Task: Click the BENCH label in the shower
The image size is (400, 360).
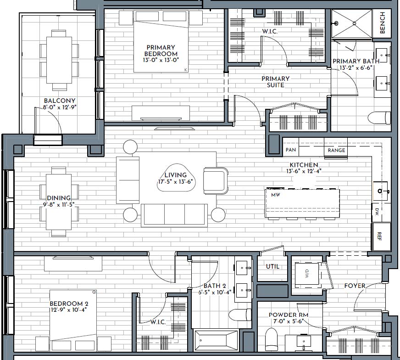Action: (382, 23)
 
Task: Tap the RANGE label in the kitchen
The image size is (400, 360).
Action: (336, 151)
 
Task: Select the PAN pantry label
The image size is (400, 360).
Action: (291, 150)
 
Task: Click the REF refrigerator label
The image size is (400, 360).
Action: (379, 236)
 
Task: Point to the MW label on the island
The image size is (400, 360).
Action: (276, 195)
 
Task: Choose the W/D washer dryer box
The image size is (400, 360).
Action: (307, 274)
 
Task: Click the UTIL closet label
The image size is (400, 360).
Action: (272, 266)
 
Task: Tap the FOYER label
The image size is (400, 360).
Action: (355, 286)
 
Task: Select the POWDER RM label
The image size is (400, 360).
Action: (289, 315)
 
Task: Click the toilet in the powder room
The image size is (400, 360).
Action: (271, 339)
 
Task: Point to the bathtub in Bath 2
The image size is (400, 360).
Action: (216, 341)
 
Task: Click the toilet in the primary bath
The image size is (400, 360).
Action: (379, 118)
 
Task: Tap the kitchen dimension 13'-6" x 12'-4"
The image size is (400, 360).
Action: (304, 171)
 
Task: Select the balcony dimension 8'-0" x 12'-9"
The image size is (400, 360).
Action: (60, 107)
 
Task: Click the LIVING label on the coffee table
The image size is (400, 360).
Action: (176, 175)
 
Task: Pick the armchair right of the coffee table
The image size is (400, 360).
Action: (216, 181)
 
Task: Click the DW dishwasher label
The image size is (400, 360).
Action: (377, 212)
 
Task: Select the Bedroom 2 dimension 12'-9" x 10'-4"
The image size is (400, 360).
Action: (69, 310)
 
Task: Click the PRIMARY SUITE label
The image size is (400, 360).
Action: (276, 82)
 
